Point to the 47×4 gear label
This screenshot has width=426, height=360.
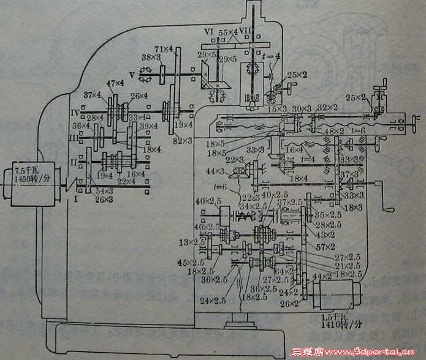coord(115,83)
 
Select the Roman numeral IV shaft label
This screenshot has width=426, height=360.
coord(74,112)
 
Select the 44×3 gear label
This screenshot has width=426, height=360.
coord(216,171)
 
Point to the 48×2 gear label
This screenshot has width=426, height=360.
coord(335,131)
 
